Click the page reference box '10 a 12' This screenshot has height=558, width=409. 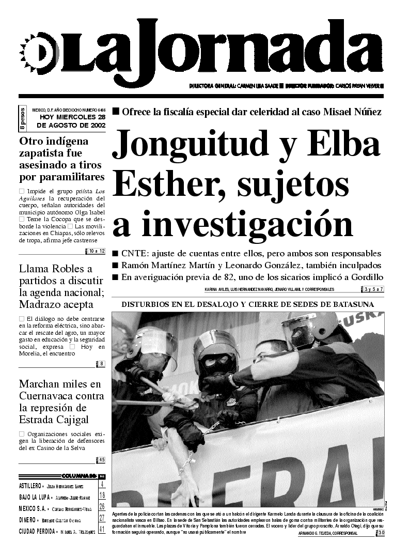96,251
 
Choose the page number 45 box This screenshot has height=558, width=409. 101,460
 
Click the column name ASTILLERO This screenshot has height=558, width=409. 29,486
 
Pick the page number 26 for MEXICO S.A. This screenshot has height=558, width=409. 102,507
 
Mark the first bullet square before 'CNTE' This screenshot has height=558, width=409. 116,254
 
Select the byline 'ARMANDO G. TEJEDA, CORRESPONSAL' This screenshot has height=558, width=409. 327,533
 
